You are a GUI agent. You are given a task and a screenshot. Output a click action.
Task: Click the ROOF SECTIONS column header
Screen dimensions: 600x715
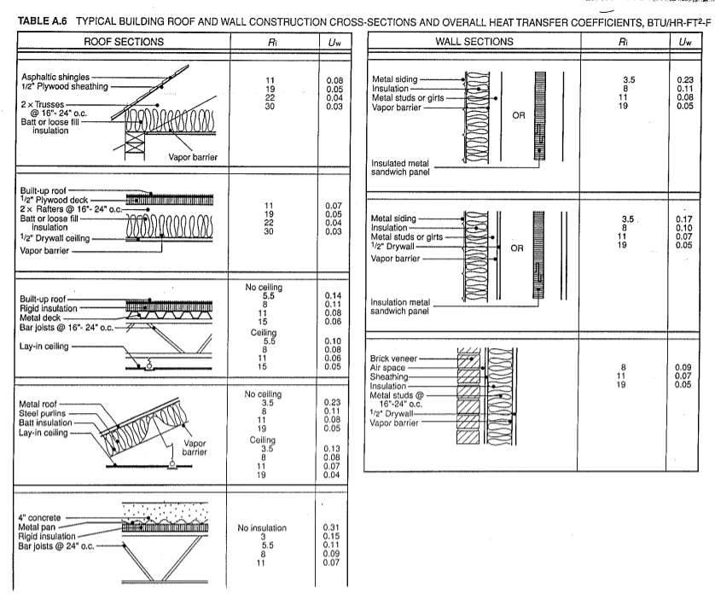116,40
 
